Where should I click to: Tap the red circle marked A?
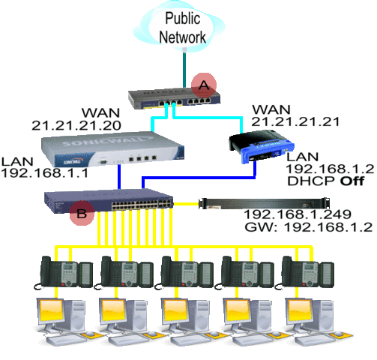tap(204, 85)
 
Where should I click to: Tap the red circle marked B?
tap(82, 213)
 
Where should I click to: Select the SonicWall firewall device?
tap(112, 149)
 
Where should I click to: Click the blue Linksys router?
tap(262, 146)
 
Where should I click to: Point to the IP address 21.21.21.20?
tap(76, 125)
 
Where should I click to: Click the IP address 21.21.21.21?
tap(295, 121)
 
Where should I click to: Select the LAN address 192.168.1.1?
tap(45, 173)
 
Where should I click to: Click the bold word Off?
tap(352, 181)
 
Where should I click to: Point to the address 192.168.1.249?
tap(298, 214)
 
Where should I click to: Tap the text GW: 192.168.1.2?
tap(309, 227)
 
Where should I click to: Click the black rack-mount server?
tap(264, 203)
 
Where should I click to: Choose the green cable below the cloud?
tap(184, 70)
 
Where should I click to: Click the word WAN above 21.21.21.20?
tap(101, 112)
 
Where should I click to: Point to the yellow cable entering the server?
tap(186, 204)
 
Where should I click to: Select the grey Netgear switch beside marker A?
tap(174, 98)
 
